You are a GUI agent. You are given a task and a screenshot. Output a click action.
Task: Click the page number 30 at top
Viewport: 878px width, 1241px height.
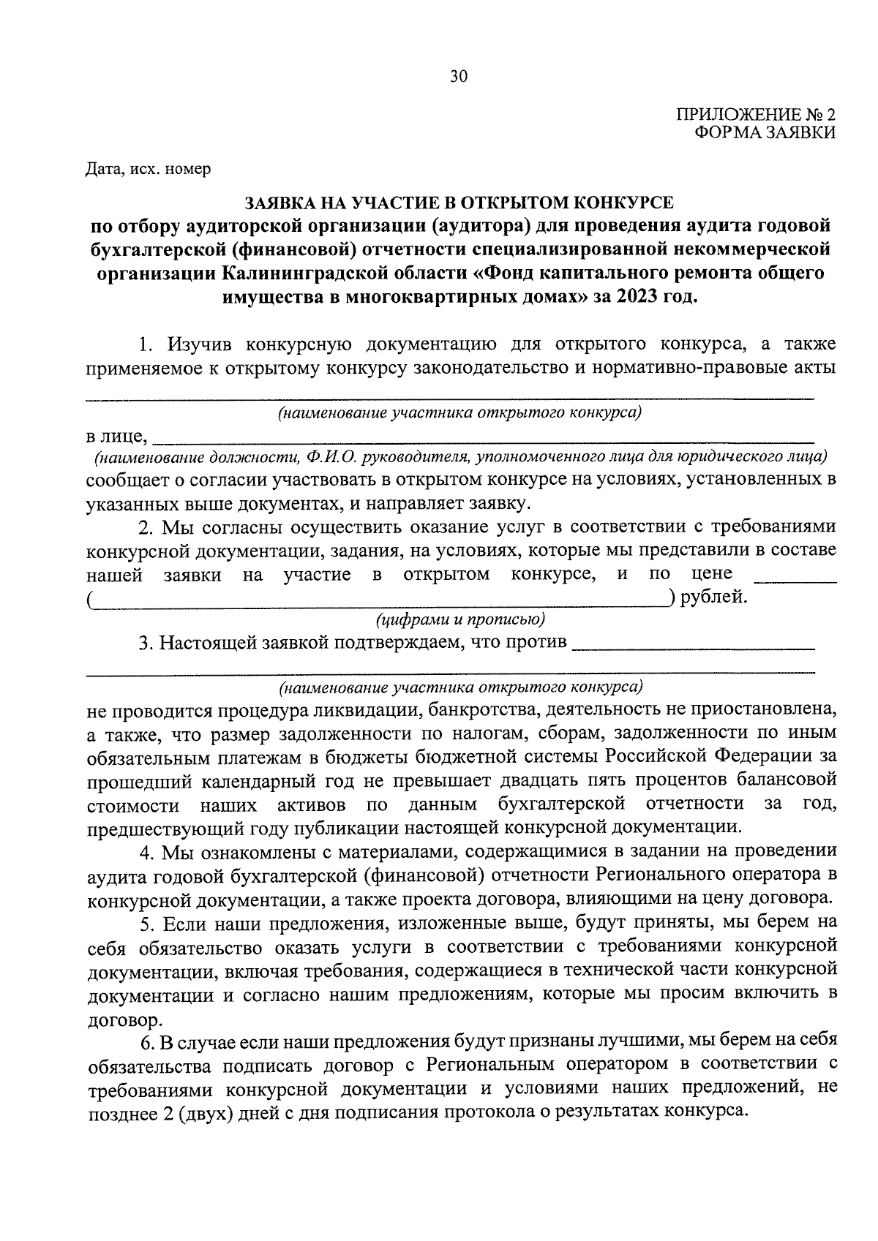pos(458,78)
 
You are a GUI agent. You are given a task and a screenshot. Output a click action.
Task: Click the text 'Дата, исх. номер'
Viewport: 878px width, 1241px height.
pos(148,170)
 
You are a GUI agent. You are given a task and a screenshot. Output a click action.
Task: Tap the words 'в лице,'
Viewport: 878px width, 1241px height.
pos(117,437)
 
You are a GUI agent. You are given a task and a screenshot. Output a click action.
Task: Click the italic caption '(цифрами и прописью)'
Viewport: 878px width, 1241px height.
pos(460,620)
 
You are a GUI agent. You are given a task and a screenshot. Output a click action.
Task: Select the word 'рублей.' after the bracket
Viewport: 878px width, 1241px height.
pos(714,597)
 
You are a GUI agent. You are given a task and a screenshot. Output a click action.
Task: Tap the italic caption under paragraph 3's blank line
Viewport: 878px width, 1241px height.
pos(460,687)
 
